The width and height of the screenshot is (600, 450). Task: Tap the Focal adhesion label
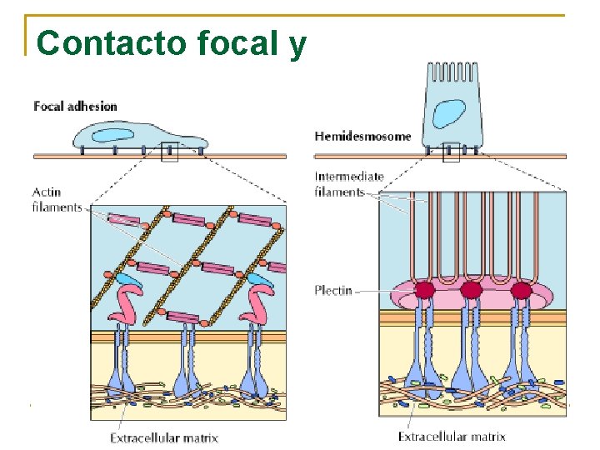tap(75, 107)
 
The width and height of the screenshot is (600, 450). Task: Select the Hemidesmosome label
tap(362, 136)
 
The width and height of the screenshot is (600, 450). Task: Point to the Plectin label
tap(333, 291)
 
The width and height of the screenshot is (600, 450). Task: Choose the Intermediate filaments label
tap(348, 184)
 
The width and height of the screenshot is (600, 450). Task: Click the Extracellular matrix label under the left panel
tap(164, 437)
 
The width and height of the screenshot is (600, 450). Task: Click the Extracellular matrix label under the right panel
tap(452, 437)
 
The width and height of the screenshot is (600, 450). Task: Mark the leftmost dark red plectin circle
tap(425, 290)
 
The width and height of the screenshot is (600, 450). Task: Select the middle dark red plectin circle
tap(471, 290)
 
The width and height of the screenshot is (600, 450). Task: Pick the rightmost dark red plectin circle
tap(521, 290)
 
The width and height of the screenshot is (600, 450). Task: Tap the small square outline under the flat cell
tap(169, 152)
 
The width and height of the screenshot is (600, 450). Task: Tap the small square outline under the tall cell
tap(451, 152)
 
